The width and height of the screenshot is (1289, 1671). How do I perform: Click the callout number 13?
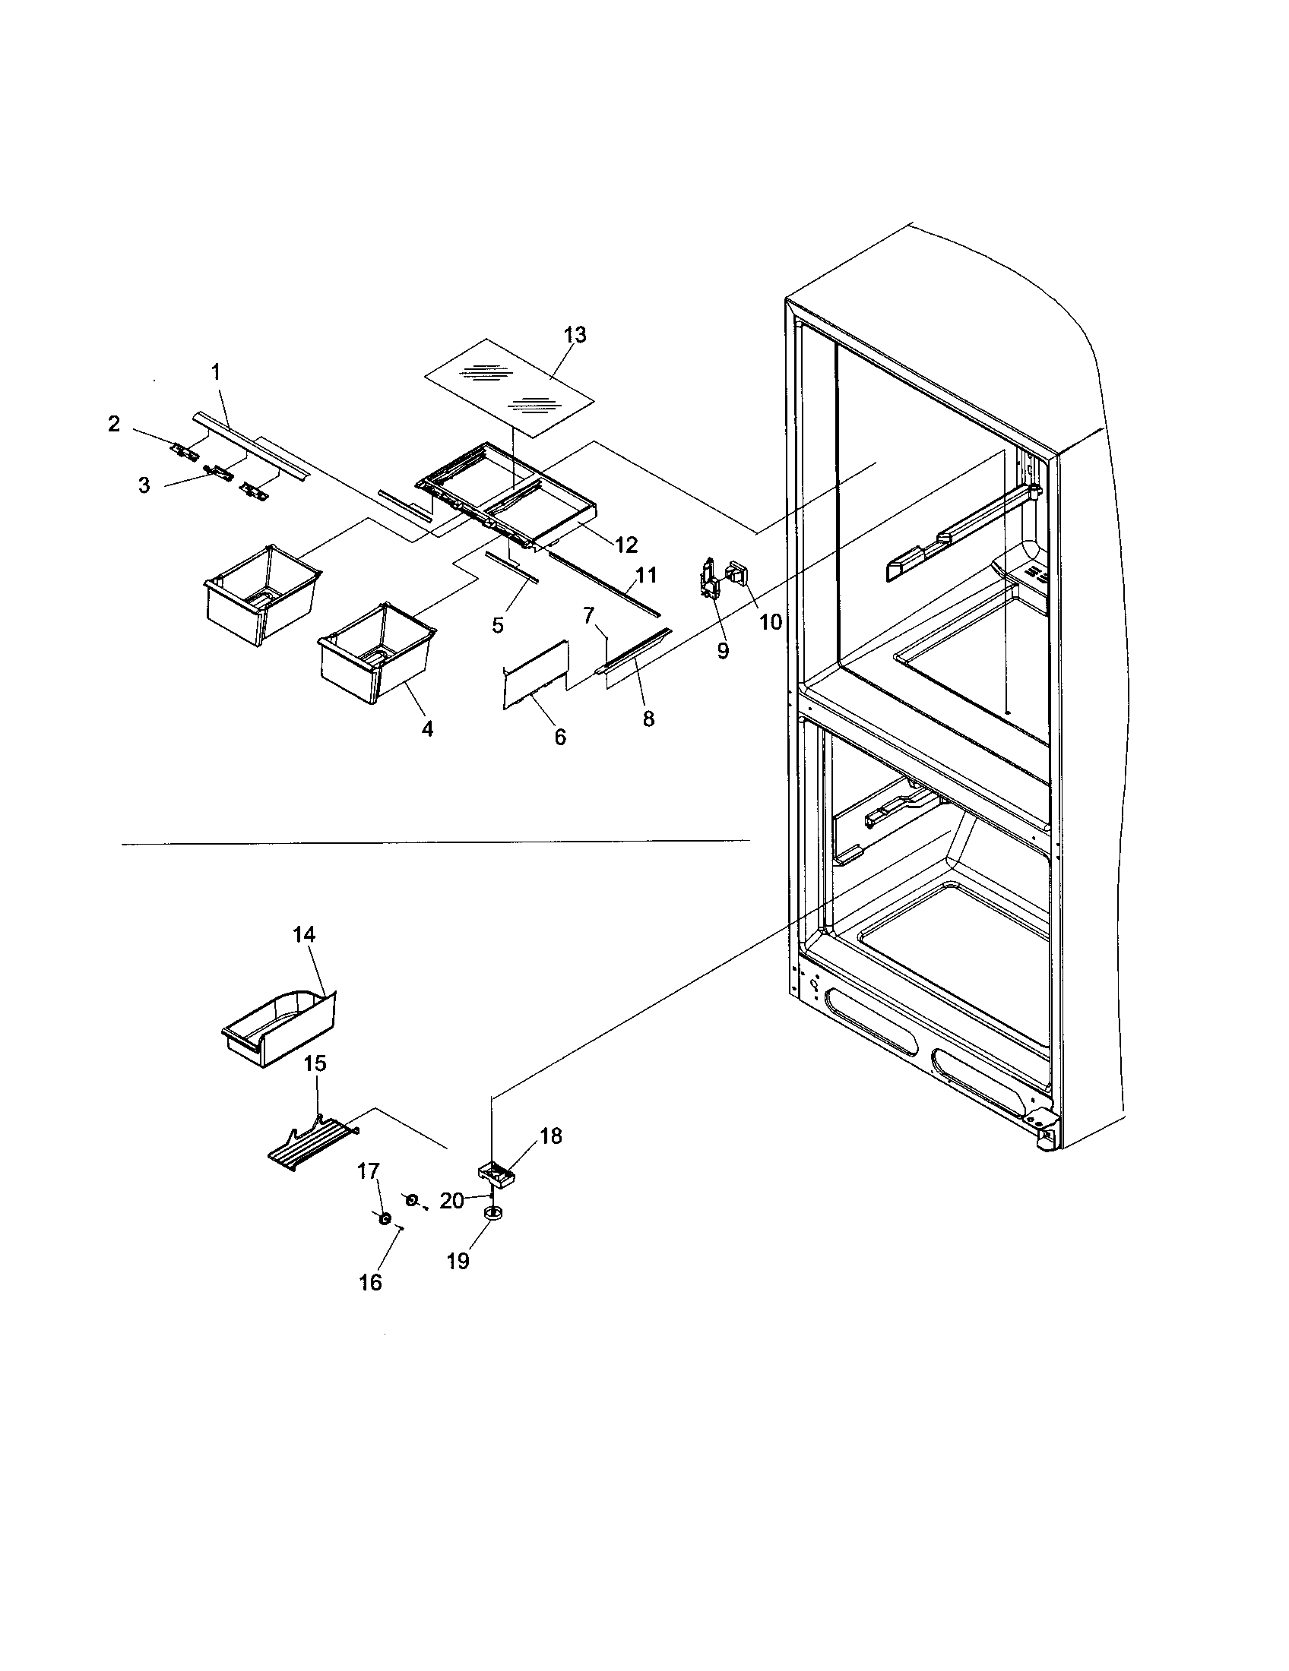pos(575,334)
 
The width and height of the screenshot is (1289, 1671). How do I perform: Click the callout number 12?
pos(625,544)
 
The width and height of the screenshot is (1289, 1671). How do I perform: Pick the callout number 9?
pos(723,651)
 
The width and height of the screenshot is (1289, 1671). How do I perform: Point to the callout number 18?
pos(550,1136)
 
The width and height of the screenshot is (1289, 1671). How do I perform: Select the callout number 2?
pos(114,424)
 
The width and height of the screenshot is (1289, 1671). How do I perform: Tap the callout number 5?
pos(498,625)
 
